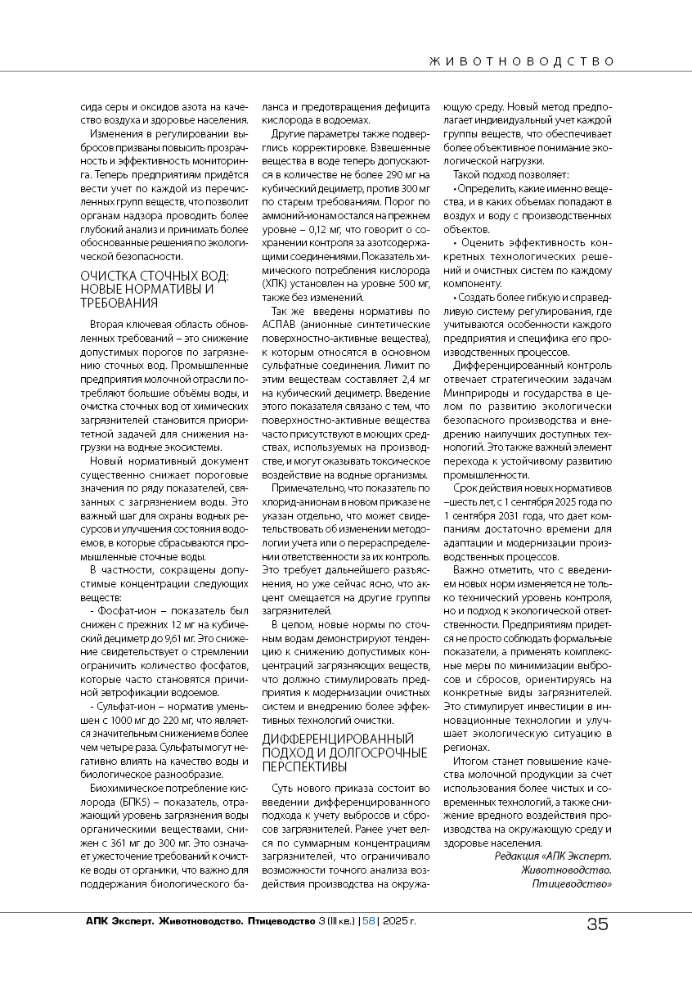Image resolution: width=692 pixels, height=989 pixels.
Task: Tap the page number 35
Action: click(x=597, y=924)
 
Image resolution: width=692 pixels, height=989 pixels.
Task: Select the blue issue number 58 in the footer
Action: click(x=368, y=921)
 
